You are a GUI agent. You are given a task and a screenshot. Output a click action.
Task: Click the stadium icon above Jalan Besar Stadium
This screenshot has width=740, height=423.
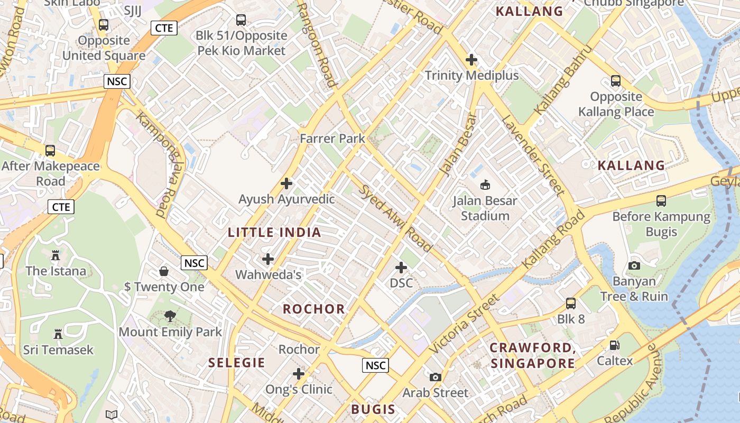[485, 185]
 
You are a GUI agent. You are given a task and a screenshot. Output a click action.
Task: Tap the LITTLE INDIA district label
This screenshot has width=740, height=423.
[274, 232]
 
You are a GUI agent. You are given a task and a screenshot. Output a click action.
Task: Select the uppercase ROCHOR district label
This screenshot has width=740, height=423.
[314, 309]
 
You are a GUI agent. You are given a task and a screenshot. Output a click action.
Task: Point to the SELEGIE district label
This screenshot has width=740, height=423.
[236, 363]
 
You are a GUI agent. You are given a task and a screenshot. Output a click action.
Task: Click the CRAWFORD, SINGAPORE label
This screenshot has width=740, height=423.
[532, 355]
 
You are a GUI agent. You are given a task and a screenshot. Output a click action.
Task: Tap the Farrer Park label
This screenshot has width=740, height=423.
[332, 139]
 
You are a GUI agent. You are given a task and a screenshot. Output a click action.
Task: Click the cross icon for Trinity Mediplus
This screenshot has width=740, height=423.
[471, 60]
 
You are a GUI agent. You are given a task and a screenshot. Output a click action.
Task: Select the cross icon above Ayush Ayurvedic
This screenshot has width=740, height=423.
[286, 183]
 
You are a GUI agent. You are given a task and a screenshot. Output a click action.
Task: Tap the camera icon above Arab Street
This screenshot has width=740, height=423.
[435, 377]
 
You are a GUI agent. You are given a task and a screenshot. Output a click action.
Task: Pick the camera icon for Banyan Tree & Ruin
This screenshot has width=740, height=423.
[634, 265]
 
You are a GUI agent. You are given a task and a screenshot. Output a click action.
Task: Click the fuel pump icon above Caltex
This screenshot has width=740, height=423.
[614, 345]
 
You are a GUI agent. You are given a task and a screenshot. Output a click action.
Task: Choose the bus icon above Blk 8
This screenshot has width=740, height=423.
[571, 304]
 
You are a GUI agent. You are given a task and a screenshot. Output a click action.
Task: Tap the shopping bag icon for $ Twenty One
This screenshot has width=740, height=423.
[164, 271]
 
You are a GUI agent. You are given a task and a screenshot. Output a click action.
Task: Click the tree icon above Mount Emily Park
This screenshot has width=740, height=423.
[170, 316]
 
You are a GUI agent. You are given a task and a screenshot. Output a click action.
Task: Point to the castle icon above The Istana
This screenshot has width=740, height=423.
[55, 255]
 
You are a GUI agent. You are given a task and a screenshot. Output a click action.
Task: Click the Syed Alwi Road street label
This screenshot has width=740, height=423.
[396, 218]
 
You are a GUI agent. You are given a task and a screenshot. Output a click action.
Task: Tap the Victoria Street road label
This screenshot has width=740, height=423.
[464, 325]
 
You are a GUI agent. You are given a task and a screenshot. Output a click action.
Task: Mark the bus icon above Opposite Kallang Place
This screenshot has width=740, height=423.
[616, 81]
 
